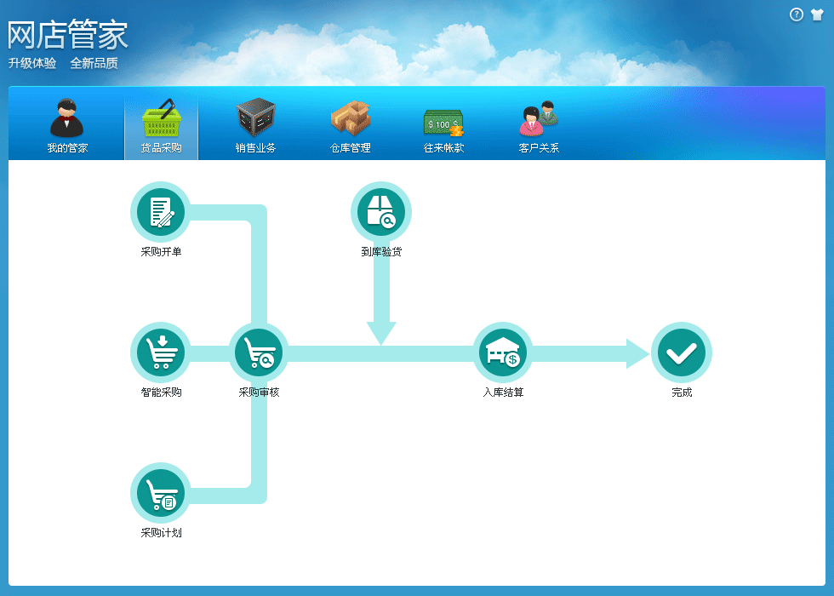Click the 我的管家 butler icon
coord(67,118)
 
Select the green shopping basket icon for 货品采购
coord(162,117)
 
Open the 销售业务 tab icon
coord(256,117)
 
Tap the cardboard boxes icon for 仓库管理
coord(350,118)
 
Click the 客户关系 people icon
coord(539,118)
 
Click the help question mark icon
coord(797,15)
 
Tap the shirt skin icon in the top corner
coord(817,14)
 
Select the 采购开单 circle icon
coord(161,212)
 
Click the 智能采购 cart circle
coord(161,352)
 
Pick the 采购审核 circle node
coord(259,352)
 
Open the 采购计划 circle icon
coord(161,493)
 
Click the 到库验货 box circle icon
coord(381,212)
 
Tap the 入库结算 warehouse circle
coord(503,352)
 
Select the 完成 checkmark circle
coord(682,352)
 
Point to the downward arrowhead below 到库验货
coord(381,333)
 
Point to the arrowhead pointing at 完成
coord(637,353)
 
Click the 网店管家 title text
coord(67,35)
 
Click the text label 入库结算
coord(503,393)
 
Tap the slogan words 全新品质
coord(94,63)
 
